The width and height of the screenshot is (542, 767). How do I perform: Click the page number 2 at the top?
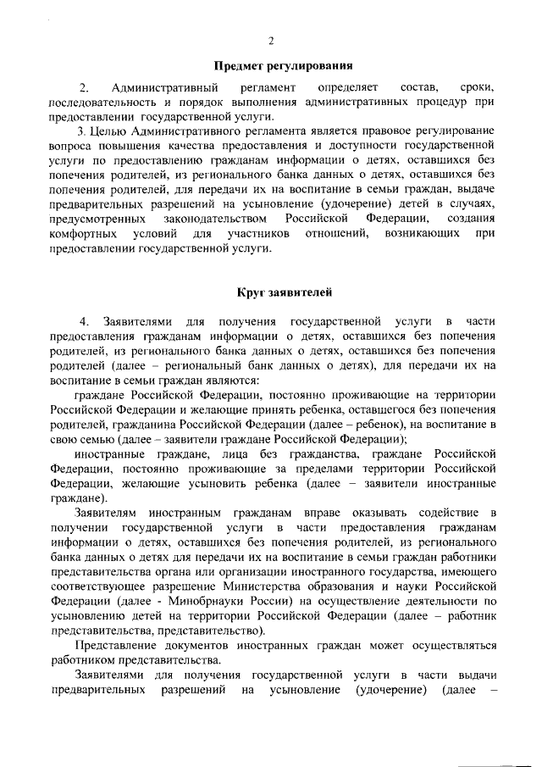271,42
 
